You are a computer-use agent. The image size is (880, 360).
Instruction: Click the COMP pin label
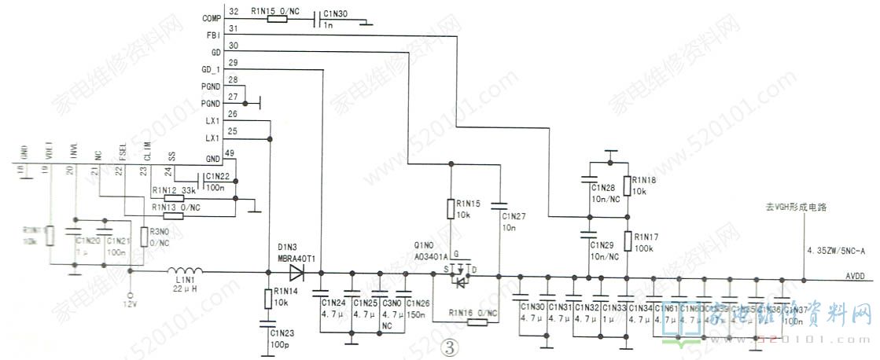[x=211, y=17]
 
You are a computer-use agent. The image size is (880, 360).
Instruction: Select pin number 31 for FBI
[x=234, y=28]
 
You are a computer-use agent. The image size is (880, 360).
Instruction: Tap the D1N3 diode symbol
[x=297, y=273]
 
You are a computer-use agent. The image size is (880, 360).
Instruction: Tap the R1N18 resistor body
[x=627, y=186]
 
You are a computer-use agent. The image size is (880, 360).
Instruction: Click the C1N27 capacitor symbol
[x=499, y=206]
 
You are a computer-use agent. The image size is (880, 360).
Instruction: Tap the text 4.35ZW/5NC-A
[x=835, y=251]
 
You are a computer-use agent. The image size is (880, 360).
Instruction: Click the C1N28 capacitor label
[x=604, y=189]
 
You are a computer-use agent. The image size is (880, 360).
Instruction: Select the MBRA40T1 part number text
[x=296, y=259]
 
